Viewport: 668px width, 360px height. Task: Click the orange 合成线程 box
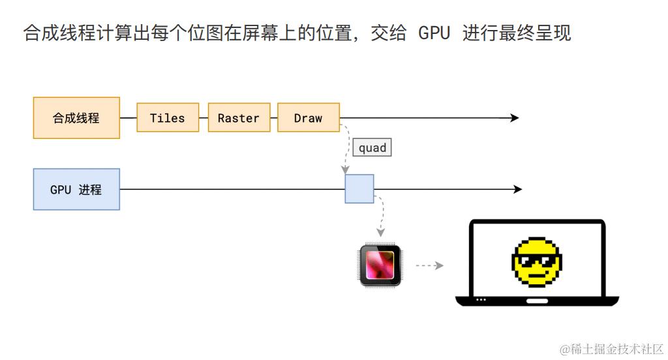pos(77,117)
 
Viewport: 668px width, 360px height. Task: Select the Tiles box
pos(168,117)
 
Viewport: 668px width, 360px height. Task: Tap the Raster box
pos(239,117)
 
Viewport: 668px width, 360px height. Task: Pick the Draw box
pos(309,117)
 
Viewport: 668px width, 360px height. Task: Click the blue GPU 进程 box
pos(77,189)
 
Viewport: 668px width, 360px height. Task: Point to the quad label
pos(372,147)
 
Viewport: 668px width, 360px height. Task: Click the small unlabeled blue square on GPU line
pos(359,188)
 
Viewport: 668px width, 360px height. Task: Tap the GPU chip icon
pos(380,265)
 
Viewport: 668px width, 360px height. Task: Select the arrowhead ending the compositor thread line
pos(515,117)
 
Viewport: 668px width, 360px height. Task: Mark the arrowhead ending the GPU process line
pos(517,189)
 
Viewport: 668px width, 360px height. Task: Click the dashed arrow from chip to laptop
pos(429,265)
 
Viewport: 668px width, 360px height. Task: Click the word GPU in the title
pos(434,33)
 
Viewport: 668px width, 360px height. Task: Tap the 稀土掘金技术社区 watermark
pos(612,349)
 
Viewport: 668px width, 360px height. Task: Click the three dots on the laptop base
pos(481,300)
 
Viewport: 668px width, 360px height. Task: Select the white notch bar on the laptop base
pos(538,301)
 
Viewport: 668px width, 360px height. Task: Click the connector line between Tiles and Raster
pos(204,117)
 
